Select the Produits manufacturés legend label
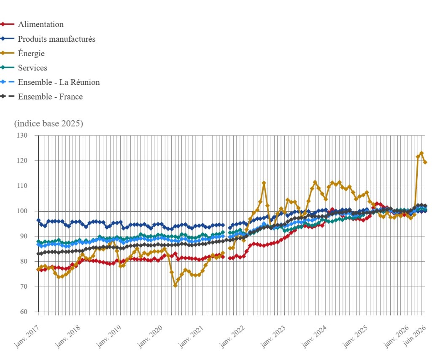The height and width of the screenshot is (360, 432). pyautogui.click(x=57, y=39)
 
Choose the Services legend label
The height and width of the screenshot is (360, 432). pyautogui.click(x=32, y=68)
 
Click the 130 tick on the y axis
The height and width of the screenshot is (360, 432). pyautogui.click(x=22, y=135)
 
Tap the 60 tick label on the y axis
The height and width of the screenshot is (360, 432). pyautogui.click(x=24, y=312)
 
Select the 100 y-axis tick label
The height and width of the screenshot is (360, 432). pyautogui.click(x=22, y=211)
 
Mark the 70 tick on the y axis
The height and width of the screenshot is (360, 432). pyautogui.click(x=24, y=287)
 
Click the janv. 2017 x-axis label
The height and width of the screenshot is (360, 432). pyautogui.click(x=27, y=336)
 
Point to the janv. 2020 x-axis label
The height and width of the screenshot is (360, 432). pyautogui.click(x=150, y=336)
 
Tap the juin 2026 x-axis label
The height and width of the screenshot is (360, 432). pyautogui.click(x=415, y=335)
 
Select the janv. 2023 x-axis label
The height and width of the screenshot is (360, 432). pyautogui.click(x=273, y=336)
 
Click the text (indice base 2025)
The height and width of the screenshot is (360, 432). pyautogui.click(x=49, y=123)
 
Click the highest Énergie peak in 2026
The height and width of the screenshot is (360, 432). pyautogui.click(x=421, y=153)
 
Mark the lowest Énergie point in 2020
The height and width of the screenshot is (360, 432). pyautogui.click(x=175, y=285)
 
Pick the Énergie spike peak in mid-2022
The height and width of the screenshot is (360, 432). pyautogui.click(x=264, y=183)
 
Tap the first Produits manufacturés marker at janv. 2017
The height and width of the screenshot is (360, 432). pyautogui.click(x=38, y=220)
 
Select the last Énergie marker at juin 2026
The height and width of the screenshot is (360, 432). pyautogui.click(x=425, y=162)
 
